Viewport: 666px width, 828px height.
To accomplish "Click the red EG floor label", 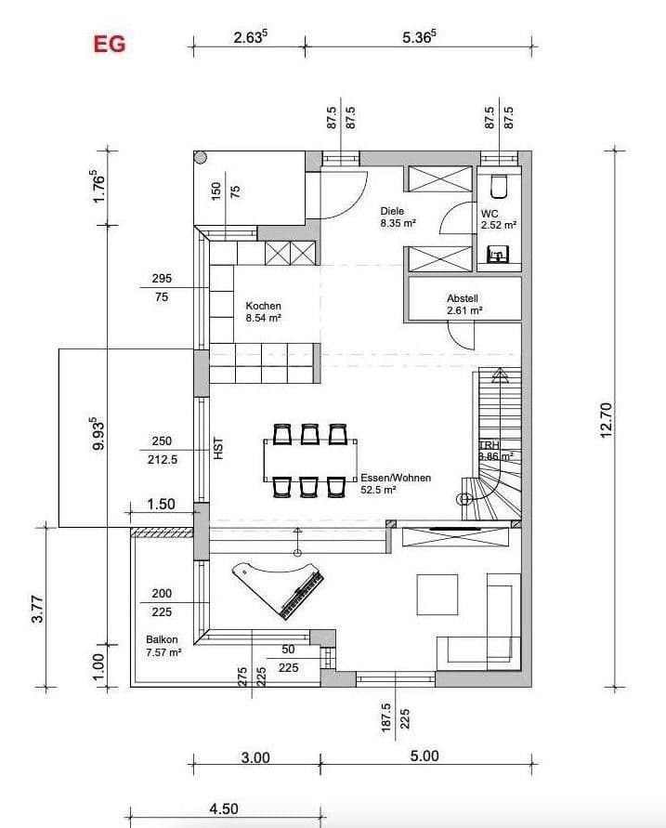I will click(x=109, y=44).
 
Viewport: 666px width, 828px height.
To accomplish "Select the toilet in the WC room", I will click(x=499, y=186).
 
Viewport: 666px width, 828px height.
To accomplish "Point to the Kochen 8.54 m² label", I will click(x=263, y=311).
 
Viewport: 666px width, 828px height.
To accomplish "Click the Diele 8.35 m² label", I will click(x=397, y=217).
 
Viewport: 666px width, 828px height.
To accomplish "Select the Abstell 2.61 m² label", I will click(x=463, y=304).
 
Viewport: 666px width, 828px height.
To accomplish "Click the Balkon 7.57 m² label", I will click(x=163, y=646).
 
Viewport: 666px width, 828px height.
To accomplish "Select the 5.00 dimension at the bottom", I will click(x=424, y=756).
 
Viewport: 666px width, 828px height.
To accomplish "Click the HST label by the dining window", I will click(x=219, y=451).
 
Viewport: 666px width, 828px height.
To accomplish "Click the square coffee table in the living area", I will click(x=437, y=595).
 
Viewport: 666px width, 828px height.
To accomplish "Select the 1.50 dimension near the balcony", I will click(x=161, y=505).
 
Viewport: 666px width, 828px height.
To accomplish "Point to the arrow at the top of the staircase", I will click(x=501, y=376).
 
